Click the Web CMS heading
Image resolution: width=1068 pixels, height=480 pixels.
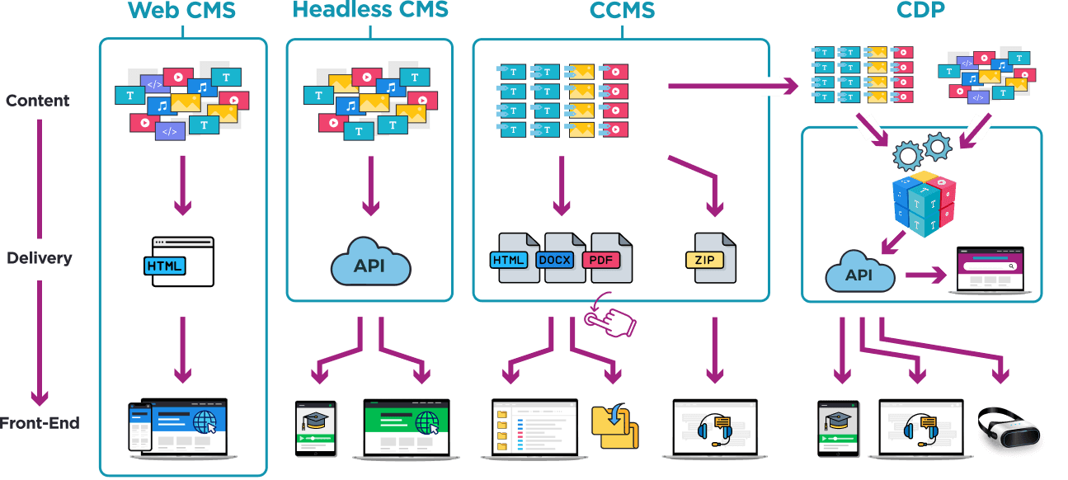(181, 11)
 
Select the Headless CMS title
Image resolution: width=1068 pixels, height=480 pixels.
(370, 10)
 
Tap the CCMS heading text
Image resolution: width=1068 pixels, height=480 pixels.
(622, 11)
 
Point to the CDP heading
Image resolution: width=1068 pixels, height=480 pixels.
(920, 11)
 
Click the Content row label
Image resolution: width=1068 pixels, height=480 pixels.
(38, 101)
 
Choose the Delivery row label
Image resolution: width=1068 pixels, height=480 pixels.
(40, 258)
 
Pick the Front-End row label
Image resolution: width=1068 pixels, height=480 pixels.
(40, 423)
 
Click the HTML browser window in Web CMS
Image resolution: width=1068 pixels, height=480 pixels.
(182, 263)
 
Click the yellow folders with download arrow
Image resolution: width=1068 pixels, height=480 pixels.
(614, 425)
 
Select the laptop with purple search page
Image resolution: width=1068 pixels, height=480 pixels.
(990, 269)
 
